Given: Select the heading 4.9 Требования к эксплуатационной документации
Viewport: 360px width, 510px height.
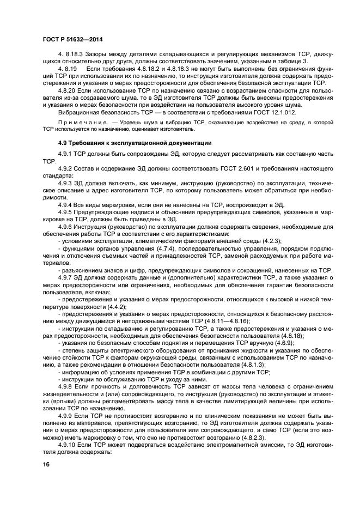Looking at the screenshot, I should pos(126,143).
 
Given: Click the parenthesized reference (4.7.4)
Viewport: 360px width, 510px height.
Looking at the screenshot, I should pos(152,248).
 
